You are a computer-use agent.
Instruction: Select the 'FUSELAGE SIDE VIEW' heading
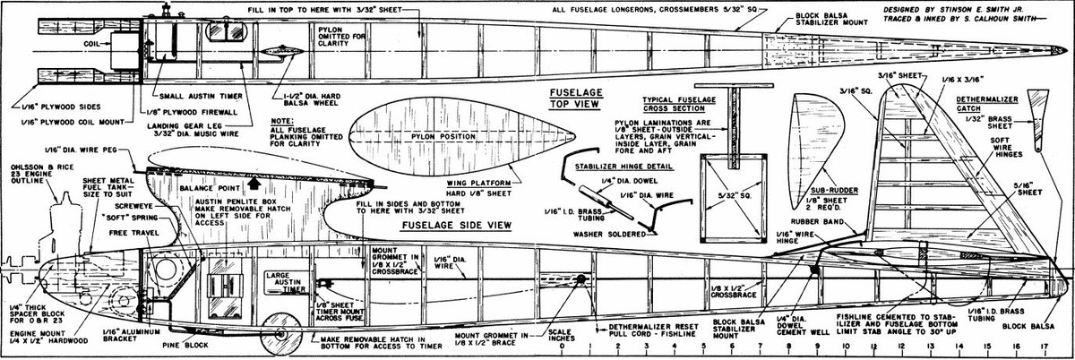456,225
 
